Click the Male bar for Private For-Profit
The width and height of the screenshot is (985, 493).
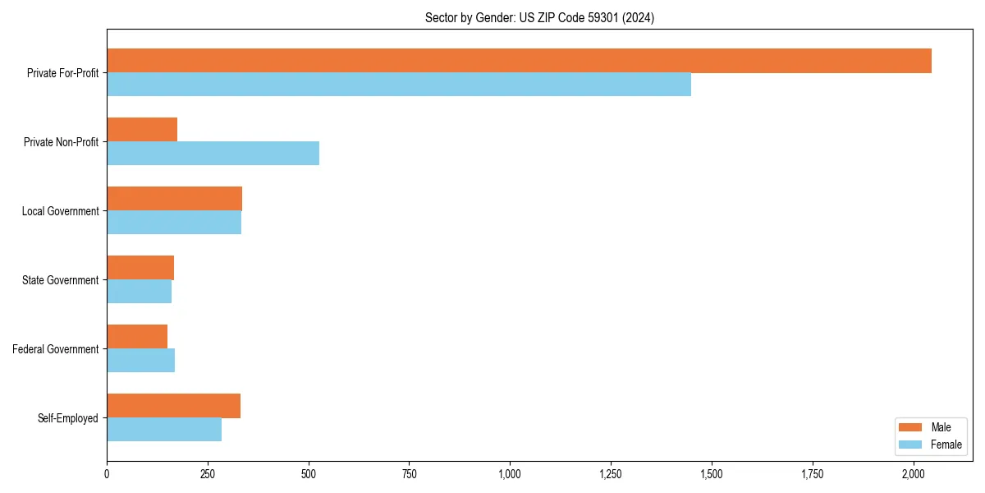(519, 61)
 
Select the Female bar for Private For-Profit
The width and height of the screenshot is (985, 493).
(399, 85)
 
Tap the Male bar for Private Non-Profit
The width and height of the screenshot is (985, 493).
(142, 130)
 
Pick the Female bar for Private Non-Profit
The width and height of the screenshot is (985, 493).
(213, 154)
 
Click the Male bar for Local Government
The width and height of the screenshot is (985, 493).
(174, 199)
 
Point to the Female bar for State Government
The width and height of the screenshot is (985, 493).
(139, 292)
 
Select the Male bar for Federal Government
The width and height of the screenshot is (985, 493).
(137, 337)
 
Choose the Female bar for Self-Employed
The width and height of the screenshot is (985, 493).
(164, 430)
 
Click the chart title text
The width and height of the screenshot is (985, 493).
(539, 18)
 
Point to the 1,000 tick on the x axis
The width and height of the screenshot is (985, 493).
(510, 474)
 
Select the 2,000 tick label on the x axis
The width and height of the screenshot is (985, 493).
(914, 474)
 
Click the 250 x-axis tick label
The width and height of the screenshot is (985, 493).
(208, 474)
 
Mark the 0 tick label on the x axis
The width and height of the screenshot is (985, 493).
(107, 474)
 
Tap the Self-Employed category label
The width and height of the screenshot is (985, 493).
(68, 418)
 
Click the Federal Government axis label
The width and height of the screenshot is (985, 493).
(56, 349)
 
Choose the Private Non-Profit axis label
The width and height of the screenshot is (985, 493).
(61, 142)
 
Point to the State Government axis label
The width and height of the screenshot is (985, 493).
(60, 280)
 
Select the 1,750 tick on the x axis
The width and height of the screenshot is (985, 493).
(813, 474)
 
